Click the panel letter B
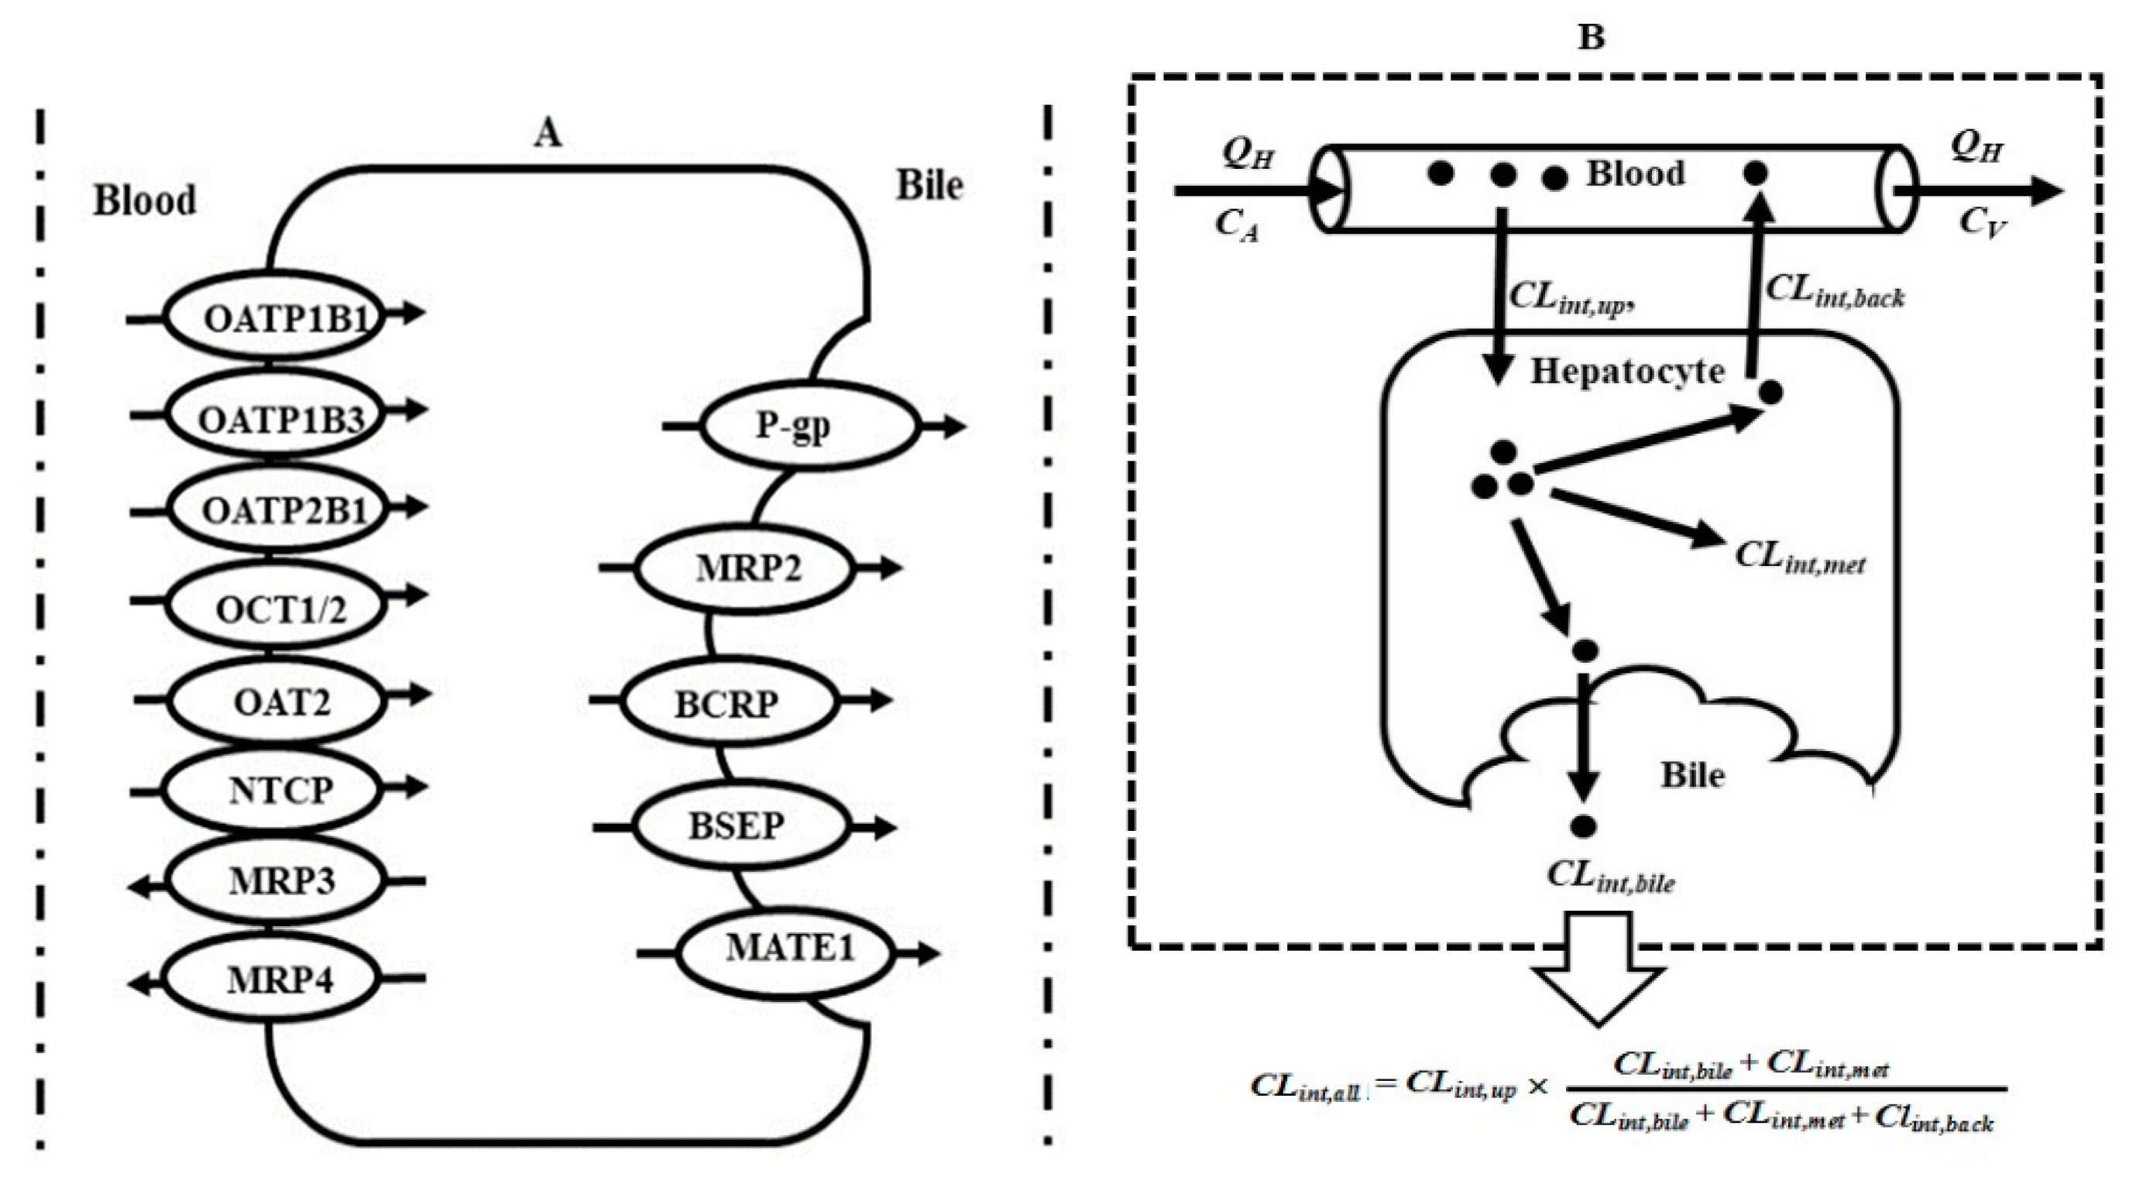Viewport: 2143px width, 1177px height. [1591, 37]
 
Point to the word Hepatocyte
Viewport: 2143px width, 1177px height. [1627, 371]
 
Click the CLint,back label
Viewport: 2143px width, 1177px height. [1834, 291]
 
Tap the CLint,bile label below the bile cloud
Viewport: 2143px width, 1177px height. [1609, 876]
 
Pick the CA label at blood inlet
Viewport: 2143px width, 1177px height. [1236, 225]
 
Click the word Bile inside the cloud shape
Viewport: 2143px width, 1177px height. [1692, 775]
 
